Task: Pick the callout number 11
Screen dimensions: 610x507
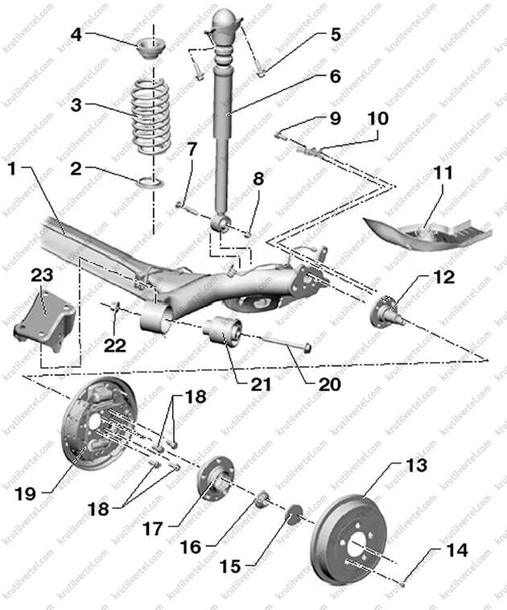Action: coord(441,173)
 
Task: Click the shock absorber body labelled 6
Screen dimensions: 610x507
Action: coord(223,137)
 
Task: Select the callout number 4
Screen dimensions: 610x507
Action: coord(76,35)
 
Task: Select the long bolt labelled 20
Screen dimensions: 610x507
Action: coord(278,340)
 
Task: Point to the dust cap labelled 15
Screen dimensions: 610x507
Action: coord(293,513)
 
